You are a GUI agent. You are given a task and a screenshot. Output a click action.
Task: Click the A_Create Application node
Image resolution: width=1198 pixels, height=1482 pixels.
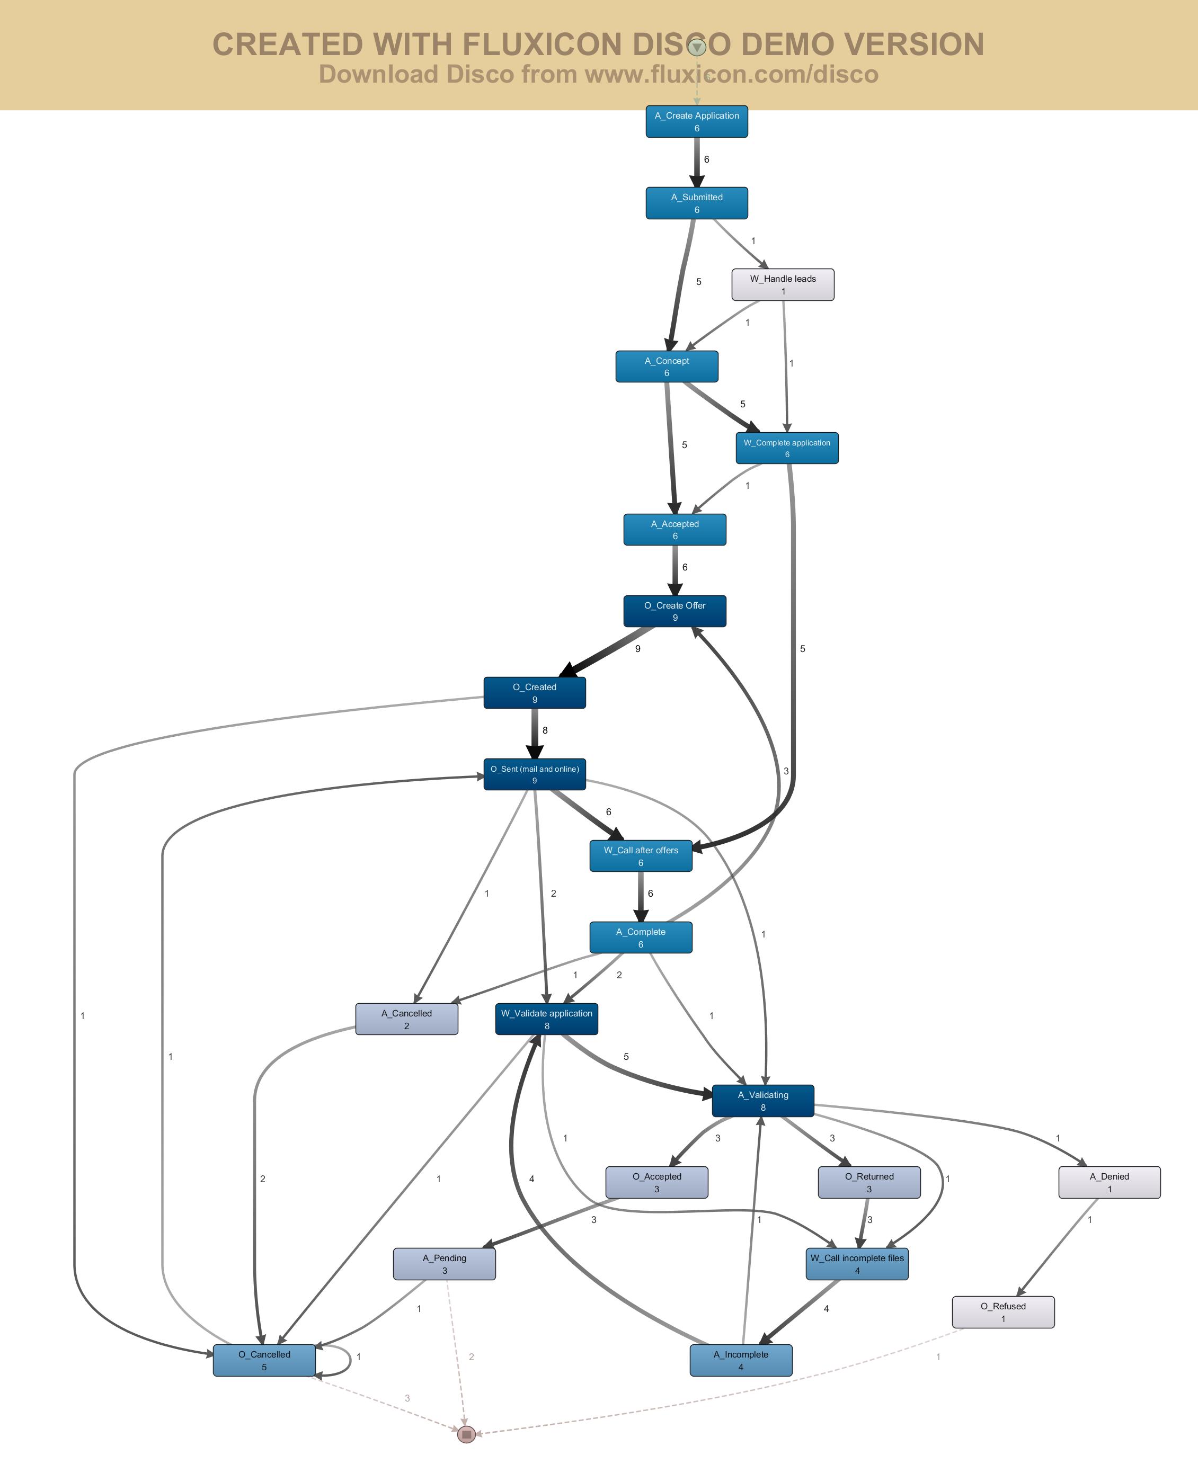pos(696,121)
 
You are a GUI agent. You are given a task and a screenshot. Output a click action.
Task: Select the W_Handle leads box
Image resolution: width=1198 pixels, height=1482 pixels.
pos(783,284)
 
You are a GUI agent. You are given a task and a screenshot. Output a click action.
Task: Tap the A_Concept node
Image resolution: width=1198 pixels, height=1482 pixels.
pos(667,367)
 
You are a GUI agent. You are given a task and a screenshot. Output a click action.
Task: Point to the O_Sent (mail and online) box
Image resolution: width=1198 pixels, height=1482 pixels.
pos(534,774)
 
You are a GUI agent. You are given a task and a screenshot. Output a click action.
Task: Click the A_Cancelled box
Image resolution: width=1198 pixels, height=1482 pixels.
pos(406,1019)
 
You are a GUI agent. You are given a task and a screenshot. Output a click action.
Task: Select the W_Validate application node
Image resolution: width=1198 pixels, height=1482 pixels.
pos(547,1019)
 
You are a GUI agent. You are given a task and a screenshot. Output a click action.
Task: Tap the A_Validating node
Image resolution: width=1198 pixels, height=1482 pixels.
pos(762,1101)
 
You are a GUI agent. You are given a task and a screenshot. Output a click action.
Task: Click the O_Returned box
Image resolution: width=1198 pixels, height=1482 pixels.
pos(869,1182)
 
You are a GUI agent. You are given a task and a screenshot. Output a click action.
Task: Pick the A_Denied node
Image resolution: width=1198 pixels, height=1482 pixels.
pos(1109,1182)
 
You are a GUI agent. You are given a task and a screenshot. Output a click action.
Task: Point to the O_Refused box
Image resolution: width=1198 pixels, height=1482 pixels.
pos(1002,1311)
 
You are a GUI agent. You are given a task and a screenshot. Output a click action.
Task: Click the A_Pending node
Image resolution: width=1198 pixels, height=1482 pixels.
pos(445,1263)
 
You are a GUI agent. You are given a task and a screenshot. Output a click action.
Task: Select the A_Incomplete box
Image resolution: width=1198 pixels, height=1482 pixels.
pos(740,1360)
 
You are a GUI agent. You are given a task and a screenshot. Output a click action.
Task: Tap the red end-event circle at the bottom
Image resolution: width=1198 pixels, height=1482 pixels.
pos(466,1434)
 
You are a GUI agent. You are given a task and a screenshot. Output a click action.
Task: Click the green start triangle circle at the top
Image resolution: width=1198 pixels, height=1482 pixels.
pos(697,47)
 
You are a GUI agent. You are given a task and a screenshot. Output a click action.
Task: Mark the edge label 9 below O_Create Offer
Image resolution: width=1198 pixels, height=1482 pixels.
pos(637,648)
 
